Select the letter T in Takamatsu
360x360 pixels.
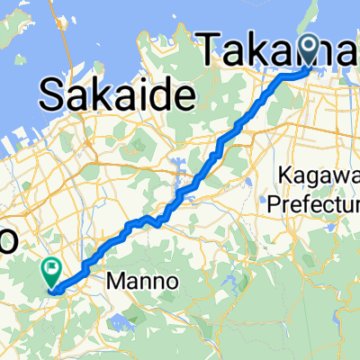pyautogui.click(x=209, y=47)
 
